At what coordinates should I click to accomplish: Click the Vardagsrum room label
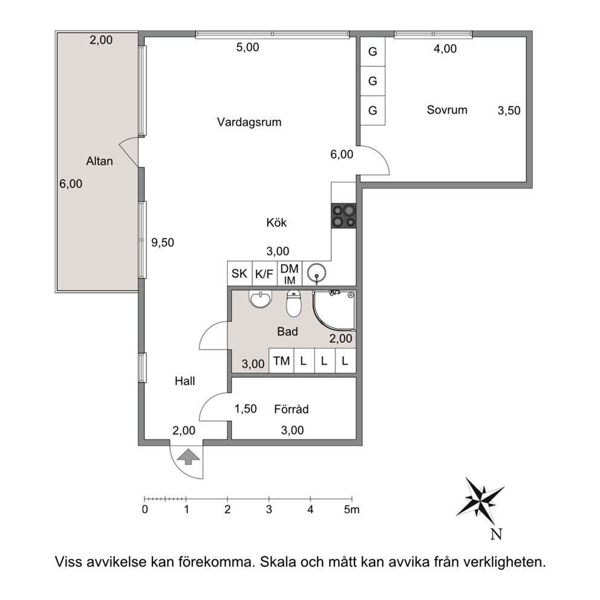tap(249, 122)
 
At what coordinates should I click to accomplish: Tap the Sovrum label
tap(447, 110)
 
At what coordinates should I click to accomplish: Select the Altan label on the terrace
tap(99, 161)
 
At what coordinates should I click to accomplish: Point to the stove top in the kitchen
tap(344, 216)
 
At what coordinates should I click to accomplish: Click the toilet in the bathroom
tap(294, 304)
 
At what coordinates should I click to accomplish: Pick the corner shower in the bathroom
tap(334, 310)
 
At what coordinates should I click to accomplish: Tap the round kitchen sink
tap(317, 273)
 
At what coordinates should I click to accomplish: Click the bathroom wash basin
tap(261, 298)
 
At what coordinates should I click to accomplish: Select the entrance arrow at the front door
tap(187, 457)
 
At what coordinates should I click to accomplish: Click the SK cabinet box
tap(240, 273)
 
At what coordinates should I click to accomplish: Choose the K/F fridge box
tap(264, 273)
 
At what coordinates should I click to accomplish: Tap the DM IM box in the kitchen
tap(290, 273)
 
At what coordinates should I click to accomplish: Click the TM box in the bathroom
tap(281, 360)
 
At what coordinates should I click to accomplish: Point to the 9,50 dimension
tap(163, 242)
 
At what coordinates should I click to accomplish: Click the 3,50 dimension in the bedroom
tap(509, 111)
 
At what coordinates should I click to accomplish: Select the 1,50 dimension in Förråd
tap(246, 409)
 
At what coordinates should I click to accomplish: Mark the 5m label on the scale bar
tap(351, 509)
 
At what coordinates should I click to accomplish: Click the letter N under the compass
tap(497, 534)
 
